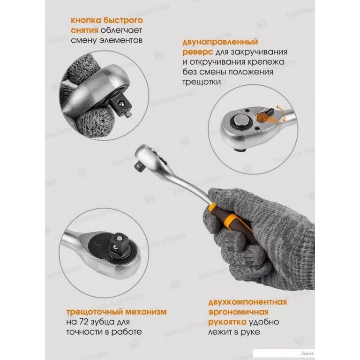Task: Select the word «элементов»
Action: (x=121, y=40)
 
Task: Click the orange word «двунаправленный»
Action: (x=220, y=42)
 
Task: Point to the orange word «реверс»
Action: (x=198, y=52)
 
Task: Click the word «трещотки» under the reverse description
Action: (x=202, y=82)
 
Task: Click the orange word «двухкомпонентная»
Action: (x=247, y=302)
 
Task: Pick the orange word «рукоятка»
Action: (x=227, y=322)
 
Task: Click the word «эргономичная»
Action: (x=238, y=312)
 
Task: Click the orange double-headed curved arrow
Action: (x=281, y=113)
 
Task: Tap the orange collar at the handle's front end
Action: (x=212, y=208)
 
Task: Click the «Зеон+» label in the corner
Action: (x=307, y=354)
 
